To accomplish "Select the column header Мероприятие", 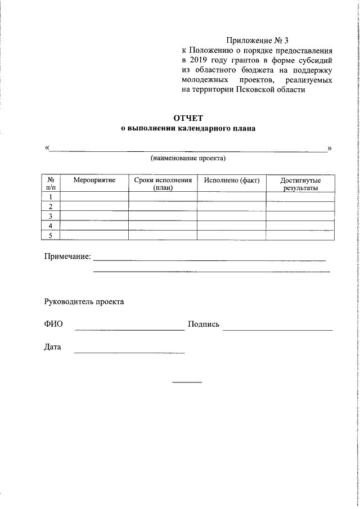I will [x=94, y=180].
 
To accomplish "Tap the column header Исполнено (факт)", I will [x=231, y=180].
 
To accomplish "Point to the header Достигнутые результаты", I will [x=300, y=184].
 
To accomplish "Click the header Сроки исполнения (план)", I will [x=163, y=184].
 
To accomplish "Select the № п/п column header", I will [x=51, y=184].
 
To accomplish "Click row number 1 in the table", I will [x=51, y=197].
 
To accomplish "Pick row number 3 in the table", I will [x=51, y=216].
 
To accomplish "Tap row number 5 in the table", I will [x=51, y=235].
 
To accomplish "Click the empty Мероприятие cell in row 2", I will [x=94, y=206].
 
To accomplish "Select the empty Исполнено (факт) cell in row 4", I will [x=231, y=226].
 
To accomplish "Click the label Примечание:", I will [x=67, y=256].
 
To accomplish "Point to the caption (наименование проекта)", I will [x=188, y=159].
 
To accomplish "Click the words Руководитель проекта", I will [x=84, y=301].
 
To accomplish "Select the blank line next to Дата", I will [x=129, y=351].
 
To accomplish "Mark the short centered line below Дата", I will [x=187, y=382].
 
